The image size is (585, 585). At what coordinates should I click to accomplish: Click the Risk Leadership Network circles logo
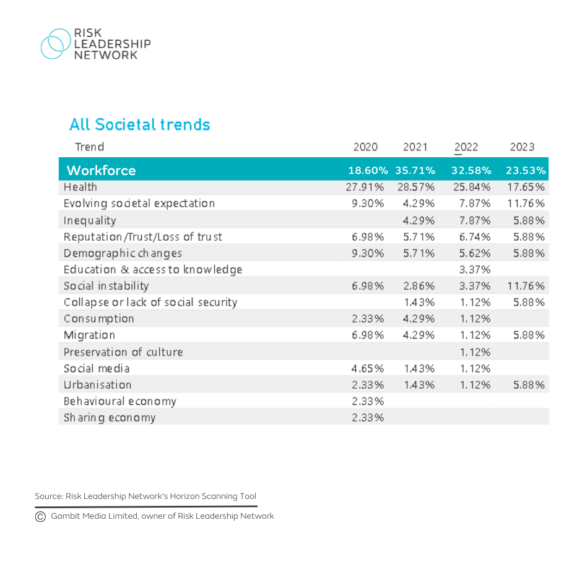pyautogui.click(x=54, y=44)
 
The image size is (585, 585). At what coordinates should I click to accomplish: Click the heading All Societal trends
pyautogui.click(x=139, y=124)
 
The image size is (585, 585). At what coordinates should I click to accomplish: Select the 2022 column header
pyautogui.click(x=466, y=147)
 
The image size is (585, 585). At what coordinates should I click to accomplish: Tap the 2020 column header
pyautogui.click(x=365, y=147)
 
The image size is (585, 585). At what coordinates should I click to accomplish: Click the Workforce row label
pyautogui.click(x=101, y=170)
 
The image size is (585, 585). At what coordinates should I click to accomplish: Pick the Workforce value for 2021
pyautogui.click(x=415, y=170)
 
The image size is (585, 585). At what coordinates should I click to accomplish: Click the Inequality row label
pyautogui.click(x=90, y=220)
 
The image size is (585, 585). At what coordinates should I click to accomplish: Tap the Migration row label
pyautogui.click(x=89, y=335)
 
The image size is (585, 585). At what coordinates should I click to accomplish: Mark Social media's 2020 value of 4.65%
pyautogui.click(x=368, y=368)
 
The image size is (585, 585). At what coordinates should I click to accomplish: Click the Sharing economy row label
pyautogui.click(x=110, y=418)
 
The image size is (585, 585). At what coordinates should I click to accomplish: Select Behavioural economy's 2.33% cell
pyautogui.click(x=368, y=401)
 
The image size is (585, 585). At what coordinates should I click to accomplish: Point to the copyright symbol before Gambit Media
pyautogui.click(x=40, y=516)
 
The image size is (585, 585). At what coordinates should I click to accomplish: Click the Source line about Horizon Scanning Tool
pyautogui.click(x=145, y=496)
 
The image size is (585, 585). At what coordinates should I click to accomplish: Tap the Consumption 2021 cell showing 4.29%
pyautogui.click(x=418, y=319)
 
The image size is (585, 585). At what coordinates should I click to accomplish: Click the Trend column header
pyautogui.click(x=89, y=147)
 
